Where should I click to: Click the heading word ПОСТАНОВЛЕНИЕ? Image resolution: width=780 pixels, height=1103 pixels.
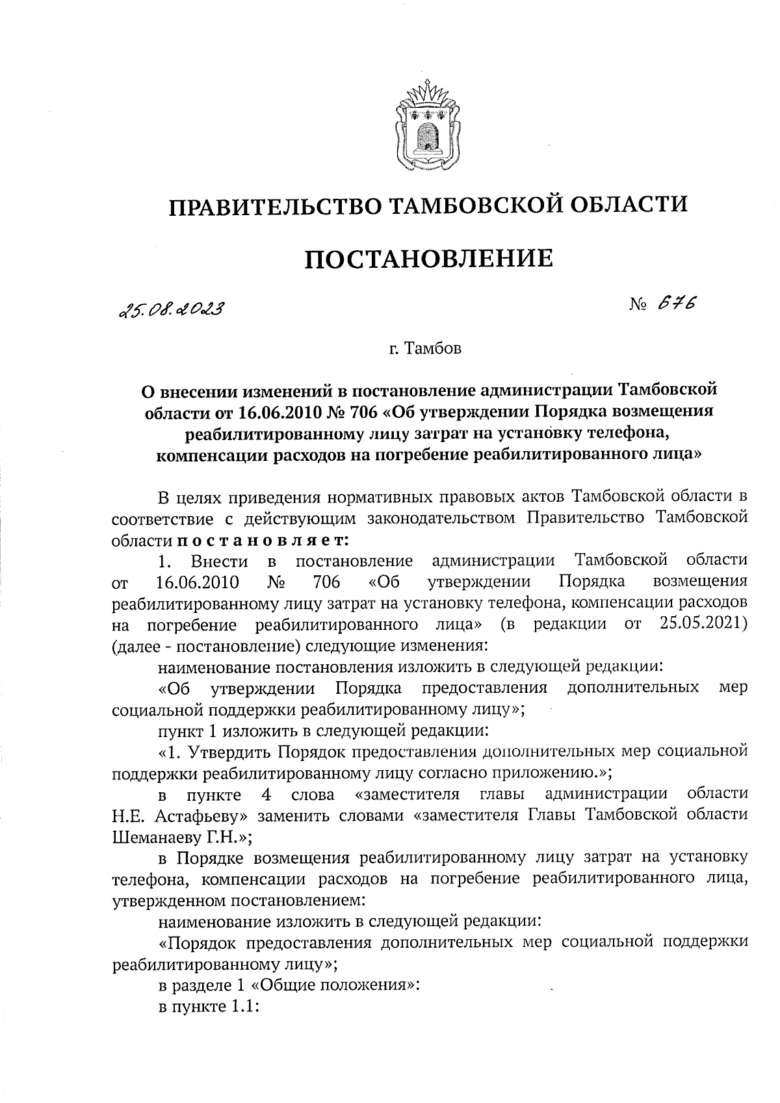[429, 259]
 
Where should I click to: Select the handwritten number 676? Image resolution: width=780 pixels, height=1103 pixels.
[675, 304]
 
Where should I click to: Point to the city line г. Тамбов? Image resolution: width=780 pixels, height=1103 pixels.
[425, 349]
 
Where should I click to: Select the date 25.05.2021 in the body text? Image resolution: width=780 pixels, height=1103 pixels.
[702, 625]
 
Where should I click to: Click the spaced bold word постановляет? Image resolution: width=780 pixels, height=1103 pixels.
[263, 539]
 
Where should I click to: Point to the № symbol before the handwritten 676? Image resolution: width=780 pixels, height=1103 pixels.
[638, 305]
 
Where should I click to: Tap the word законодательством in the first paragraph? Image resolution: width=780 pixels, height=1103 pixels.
[441, 519]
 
